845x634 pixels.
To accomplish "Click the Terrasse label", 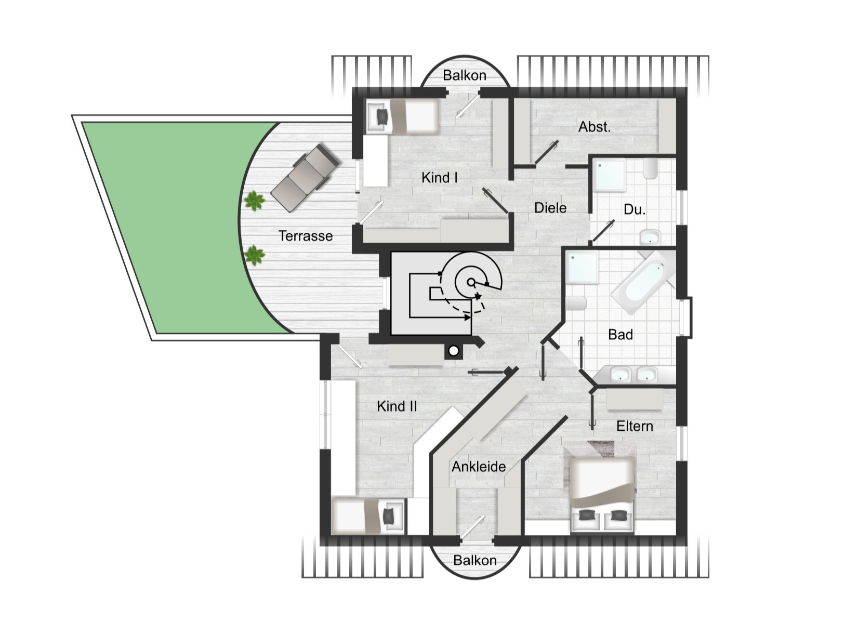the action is coord(305,235).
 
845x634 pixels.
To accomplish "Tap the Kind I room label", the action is coord(439,177).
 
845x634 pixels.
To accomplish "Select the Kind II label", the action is coord(397,406).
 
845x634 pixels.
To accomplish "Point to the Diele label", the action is coord(550,208).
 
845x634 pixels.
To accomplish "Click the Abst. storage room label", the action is coord(594,127).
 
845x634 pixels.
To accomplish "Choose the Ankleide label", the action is coord(479,467).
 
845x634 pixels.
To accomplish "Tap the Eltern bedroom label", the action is coord(635,426).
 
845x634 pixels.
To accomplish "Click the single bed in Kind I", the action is coord(403,116).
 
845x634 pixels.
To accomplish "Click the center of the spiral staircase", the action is coord(470,282).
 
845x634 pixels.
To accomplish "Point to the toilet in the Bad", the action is coord(576,303).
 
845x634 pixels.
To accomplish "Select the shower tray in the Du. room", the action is coord(610,176).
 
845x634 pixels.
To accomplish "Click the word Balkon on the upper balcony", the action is coord(464,75).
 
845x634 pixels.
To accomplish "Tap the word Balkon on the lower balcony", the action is coord(474,561).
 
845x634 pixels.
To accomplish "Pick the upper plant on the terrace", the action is coord(254,201).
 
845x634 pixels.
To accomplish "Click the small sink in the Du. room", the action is coord(650,237).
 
